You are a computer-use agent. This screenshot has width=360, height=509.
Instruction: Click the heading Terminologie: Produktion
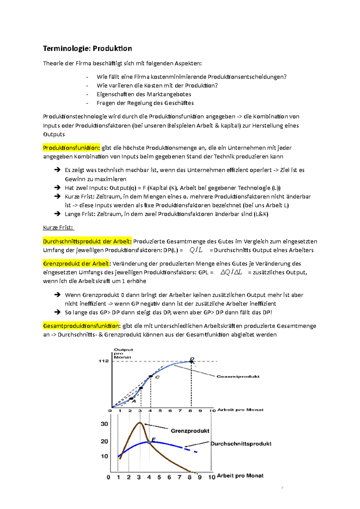click(x=87, y=49)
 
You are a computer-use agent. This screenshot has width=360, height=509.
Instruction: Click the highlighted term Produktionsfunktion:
click(x=71, y=148)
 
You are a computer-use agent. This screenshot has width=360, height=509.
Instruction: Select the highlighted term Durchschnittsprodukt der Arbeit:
click(x=87, y=241)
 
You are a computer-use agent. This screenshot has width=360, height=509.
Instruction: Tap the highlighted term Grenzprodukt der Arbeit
click(x=76, y=263)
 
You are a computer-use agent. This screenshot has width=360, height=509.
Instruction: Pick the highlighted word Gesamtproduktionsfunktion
click(x=81, y=326)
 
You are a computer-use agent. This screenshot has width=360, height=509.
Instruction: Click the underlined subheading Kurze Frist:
click(x=58, y=228)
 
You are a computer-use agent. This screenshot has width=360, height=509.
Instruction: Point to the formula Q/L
click(x=196, y=250)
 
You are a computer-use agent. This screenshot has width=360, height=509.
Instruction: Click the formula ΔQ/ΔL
click(x=231, y=272)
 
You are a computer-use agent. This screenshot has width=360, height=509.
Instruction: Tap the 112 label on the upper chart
click(x=103, y=361)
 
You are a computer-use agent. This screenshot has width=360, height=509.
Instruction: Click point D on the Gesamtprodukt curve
click(x=191, y=362)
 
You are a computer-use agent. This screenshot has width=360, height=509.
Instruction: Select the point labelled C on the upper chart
click(x=151, y=376)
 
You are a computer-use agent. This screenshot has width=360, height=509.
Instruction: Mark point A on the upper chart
click(x=131, y=399)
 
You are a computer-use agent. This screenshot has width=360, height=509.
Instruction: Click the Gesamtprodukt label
click(x=238, y=377)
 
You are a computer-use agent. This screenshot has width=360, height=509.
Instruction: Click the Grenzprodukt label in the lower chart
click(x=190, y=431)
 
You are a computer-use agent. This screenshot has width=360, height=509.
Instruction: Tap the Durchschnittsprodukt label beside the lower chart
click(x=241, y=444)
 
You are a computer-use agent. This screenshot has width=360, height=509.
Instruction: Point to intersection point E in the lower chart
click(x=149, y=442)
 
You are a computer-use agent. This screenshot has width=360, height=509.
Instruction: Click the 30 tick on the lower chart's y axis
click(x=104, y=424)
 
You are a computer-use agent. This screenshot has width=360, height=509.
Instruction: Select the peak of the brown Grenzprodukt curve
click(x=140, y=423)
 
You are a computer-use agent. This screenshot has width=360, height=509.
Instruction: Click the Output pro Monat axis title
click(x=123, y=353)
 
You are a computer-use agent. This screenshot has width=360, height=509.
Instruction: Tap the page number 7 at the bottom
click(x=282, y=488)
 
